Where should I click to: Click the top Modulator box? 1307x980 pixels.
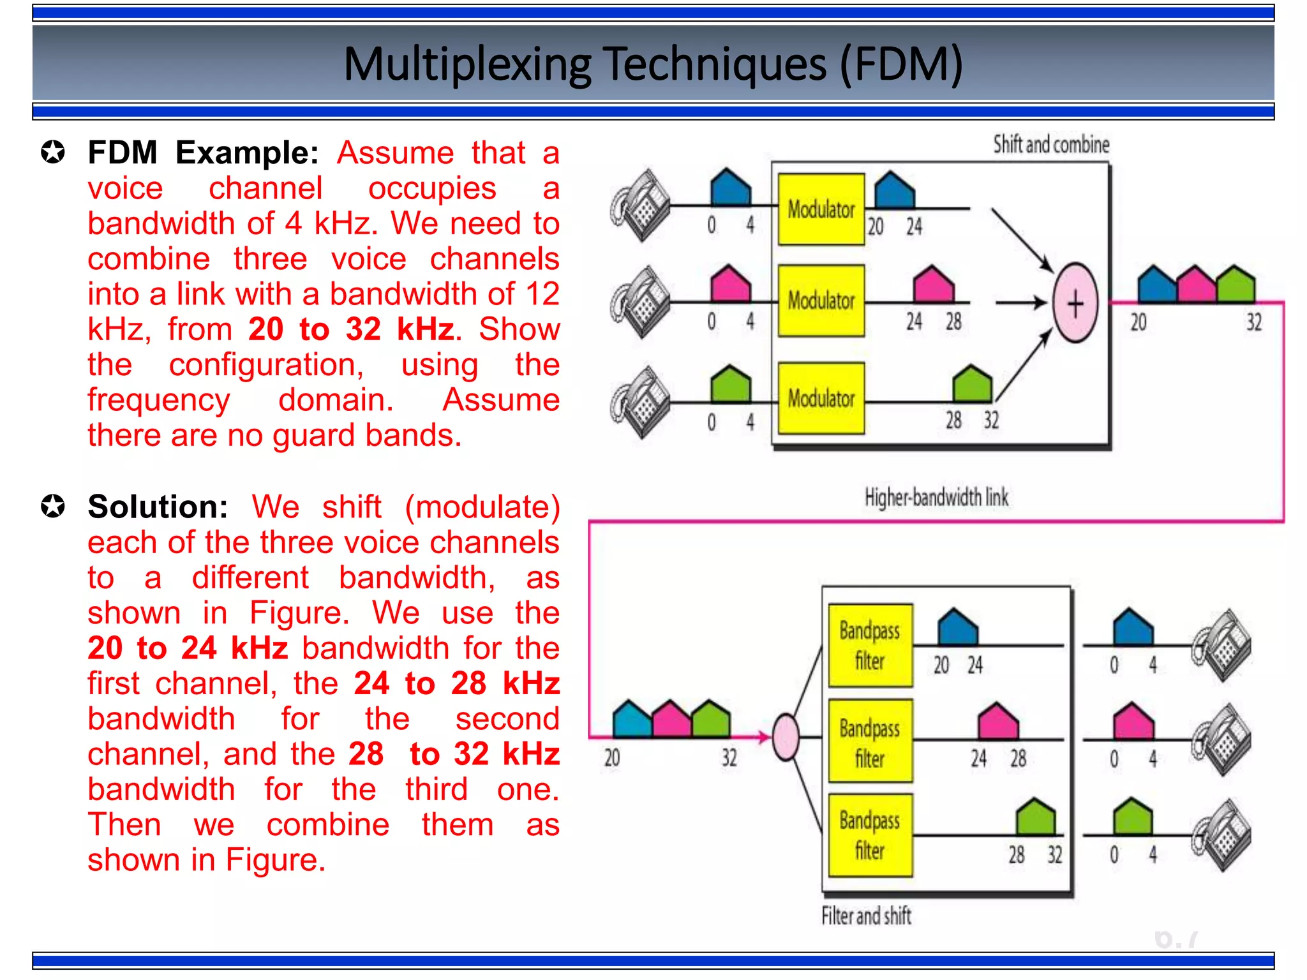821,209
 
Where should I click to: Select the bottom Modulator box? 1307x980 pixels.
821,398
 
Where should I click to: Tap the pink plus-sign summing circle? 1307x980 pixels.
1075,302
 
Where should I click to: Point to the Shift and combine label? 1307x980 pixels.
1050,145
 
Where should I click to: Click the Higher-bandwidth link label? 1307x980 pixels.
936,497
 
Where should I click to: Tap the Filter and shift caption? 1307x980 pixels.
866,916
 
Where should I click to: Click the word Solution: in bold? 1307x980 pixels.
158,507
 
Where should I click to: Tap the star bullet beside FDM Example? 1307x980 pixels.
52,152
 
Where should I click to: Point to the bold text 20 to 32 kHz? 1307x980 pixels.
351,329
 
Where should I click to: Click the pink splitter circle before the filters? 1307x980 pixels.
786,737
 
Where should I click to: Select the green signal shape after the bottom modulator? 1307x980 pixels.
972,385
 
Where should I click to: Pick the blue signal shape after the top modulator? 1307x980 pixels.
893,191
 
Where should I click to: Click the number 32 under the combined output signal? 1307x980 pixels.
1254,322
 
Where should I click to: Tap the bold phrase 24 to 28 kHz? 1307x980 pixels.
456,683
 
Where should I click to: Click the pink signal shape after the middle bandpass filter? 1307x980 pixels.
998,721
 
